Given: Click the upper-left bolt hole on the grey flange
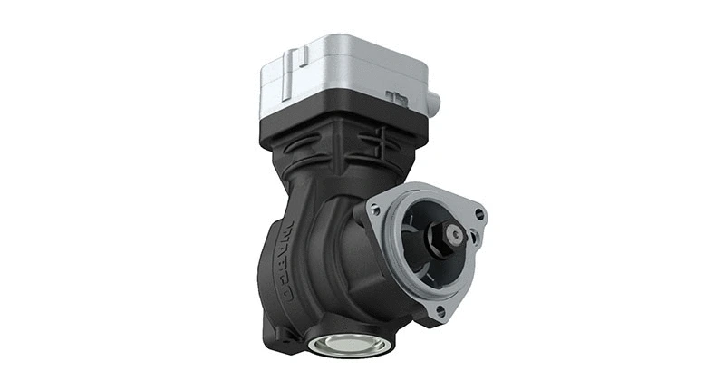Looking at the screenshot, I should [375, 210].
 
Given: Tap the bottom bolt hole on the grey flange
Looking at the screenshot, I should [440, 310].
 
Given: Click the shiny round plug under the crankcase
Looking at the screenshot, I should [349, 345].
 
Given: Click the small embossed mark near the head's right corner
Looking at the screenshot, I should [394, 96].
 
